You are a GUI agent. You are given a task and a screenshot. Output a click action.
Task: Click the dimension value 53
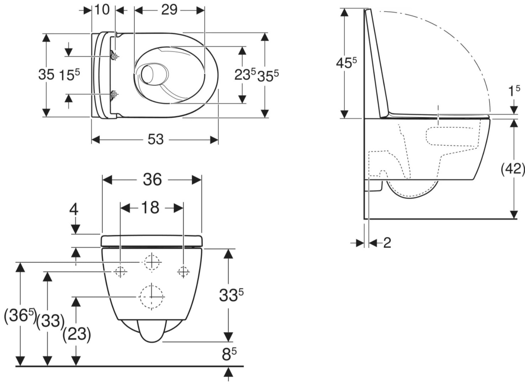pyautogui.click(x=156, y=139)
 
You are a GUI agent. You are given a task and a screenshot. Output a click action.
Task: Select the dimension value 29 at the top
pyautogui.click(x=169, y=10)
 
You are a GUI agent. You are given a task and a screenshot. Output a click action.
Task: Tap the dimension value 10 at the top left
pyautogui.click(x=102, y=10)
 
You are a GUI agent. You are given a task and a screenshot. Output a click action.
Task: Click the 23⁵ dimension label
pyautogui.click(x=245, y=74)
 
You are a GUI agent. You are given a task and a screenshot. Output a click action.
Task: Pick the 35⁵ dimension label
pyautogui.click(x=268, y=75)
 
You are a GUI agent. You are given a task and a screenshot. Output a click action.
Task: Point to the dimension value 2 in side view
pyautogui.click(x=387, y=243)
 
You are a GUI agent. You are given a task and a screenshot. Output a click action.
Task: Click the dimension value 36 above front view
pyautogui.click(x=152, y=179)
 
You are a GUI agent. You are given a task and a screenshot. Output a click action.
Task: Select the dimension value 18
pyautogui.click(x=151, y=207)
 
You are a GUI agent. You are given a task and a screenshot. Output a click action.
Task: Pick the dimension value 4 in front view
pyautogui.click(x=74, y=209)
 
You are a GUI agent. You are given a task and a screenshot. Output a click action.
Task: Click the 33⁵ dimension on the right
pyautogui.click(x=231, y=295)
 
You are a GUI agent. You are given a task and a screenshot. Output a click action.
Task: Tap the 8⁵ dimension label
pyautogui.click(x=229, y=354)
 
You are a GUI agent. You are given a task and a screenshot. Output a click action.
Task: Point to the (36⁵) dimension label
pyautogui.click(x=20, y=316)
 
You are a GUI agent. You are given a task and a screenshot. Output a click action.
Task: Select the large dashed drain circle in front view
pyautogui.click(x=152, y=296)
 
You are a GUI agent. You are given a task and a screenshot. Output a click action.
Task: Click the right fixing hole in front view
pyautogui.click(x=183, y=271)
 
